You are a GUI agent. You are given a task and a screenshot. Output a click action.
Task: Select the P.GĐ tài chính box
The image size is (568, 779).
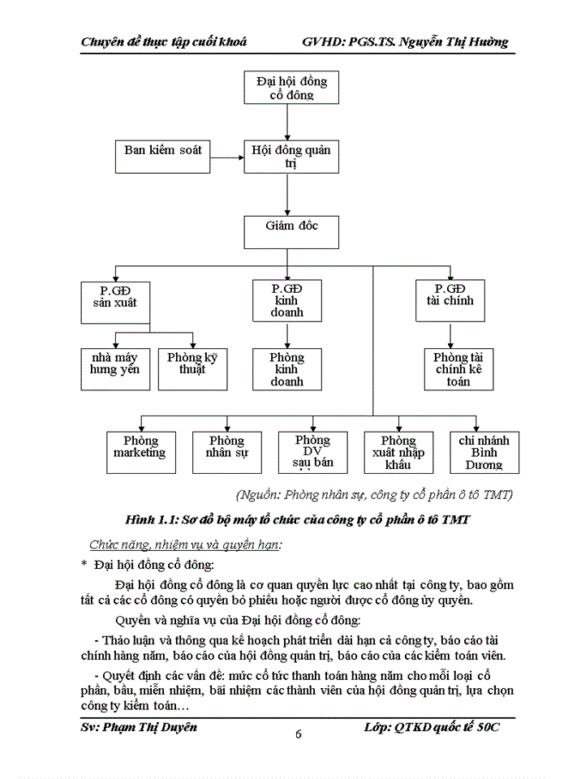coord(450,299)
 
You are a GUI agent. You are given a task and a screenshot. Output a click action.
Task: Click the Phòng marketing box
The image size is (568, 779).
coord(140,451)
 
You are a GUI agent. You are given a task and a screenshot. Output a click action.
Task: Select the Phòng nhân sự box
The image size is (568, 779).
coord(226,451)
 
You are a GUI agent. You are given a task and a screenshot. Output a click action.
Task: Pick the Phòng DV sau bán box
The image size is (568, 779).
coord(312,451)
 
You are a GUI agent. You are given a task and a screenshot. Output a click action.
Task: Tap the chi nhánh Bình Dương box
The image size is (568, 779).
coord(484,451)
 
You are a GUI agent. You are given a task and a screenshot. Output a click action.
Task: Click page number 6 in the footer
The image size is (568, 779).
coord(298,734)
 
